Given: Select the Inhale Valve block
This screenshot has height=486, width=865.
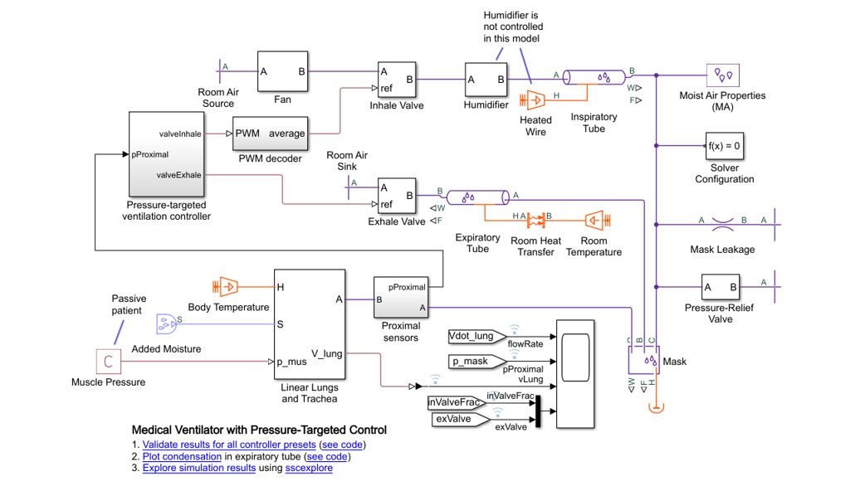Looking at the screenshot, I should pos(396,80).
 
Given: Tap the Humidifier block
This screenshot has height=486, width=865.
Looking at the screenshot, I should pos(486,80).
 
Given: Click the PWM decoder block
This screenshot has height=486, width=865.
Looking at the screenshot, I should pos(270,134).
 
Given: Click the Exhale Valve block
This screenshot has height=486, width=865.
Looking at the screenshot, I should pos(396,196).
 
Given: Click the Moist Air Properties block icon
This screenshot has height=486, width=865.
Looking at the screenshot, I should pos(724,75).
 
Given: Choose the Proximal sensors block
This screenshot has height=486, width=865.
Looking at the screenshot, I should pos(401,298).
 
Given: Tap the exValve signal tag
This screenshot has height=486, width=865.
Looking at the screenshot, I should pos(455,419).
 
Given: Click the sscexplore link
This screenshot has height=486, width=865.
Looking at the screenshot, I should pos(309,469).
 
